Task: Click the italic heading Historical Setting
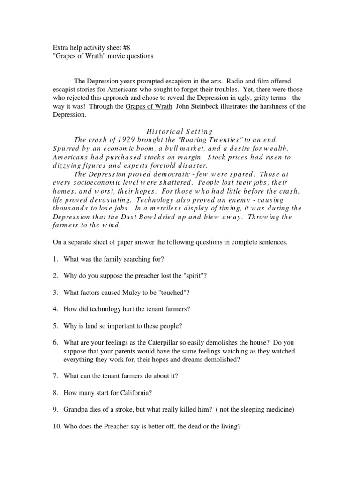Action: click(180, 131)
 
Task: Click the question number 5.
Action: click(55, 325)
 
